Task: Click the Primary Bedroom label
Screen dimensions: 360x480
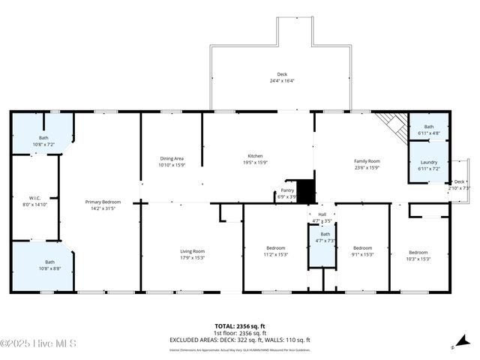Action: tap(103, 204)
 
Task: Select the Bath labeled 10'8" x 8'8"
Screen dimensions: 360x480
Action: tap(43, 265)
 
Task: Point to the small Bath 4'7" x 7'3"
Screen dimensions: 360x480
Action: tap(321, 237)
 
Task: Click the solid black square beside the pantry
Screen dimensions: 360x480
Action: tap(305, 190)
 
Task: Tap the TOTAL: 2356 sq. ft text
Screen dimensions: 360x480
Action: tap(239, 326)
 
